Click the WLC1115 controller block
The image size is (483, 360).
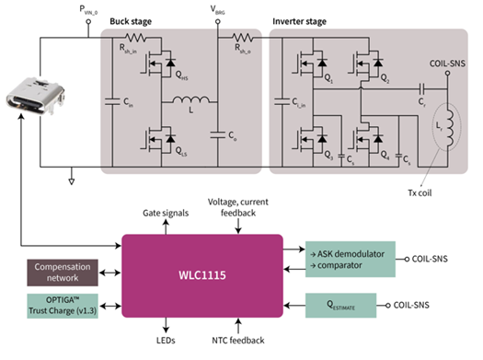[x=201, y=274]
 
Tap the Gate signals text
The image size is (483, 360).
[x=165, y=213]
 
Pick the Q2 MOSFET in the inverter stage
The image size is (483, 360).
[x=366, y=64]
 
